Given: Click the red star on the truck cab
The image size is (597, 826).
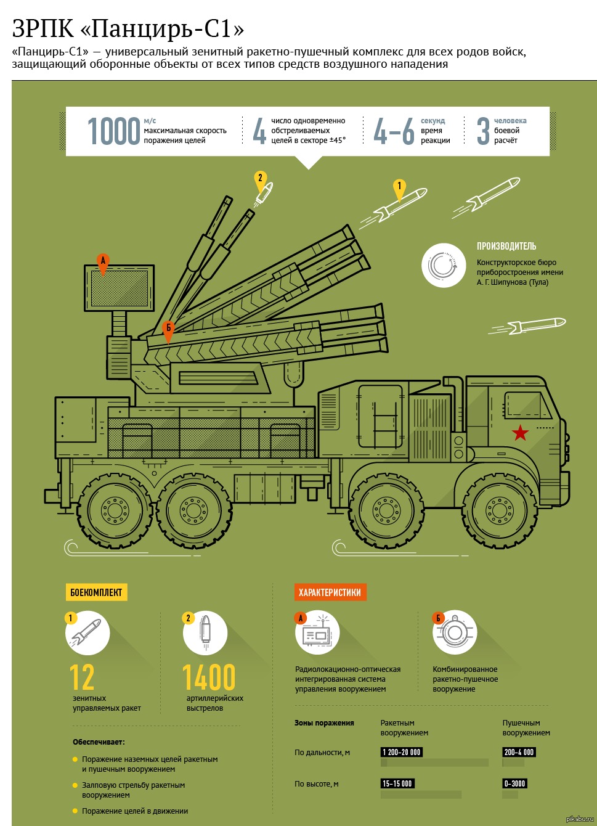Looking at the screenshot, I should pyautogui.click(x=521, y=433).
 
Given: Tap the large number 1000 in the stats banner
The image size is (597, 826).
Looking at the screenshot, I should pyautogui.click(x=114, y=131).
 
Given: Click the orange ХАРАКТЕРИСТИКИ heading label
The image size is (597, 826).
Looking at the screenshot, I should pyautogui.click(x=330, y=592).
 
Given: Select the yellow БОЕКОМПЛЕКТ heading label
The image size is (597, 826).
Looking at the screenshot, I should pyautogui.click(x=96, y=592).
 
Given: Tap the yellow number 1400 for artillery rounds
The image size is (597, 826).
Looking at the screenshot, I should pyautogui.click(x=209, y=677).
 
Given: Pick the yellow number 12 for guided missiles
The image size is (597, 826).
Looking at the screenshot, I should pyautogui.click(x=82, y=677).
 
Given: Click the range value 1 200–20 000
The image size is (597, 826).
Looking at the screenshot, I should pyautogui.click(x=402, y=752).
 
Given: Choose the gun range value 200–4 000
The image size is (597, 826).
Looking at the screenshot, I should pyautogui.click(x=519, y=752).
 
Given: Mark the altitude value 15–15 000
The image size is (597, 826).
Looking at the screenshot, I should pyautogui.click(x=397, y=783).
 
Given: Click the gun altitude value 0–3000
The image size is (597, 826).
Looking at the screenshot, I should pyautogui.click(x=514, y=783).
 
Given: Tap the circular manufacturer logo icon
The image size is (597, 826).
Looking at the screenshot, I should pyautogui.click(x=444, y=265).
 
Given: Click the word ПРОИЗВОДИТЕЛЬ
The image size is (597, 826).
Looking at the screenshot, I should pyautogui.click(x=506, y=246).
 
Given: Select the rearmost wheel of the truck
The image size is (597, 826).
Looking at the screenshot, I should pyautogui.click(x=115, y=510).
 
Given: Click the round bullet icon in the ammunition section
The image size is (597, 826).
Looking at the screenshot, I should pyautogui.click(x=205, y=632).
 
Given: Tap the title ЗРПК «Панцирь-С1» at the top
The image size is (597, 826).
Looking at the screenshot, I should pyautogui.click(x=128, y=28).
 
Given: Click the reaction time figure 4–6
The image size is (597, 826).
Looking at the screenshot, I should pyautogui.click(x=394, y=131).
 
